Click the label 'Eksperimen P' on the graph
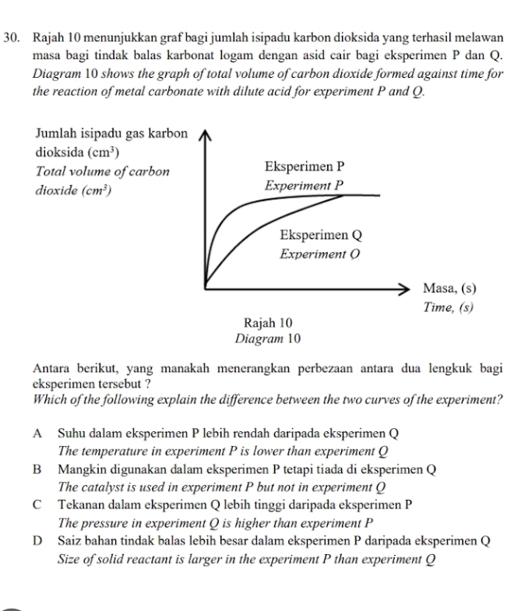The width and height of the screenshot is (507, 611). coord(305,167)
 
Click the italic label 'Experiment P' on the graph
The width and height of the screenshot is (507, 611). coord(305,186)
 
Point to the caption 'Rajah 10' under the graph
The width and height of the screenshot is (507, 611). coord(267,321)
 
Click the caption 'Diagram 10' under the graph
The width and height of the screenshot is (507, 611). coord(267,339)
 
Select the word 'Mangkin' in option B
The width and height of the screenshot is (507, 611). coord(81,469)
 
